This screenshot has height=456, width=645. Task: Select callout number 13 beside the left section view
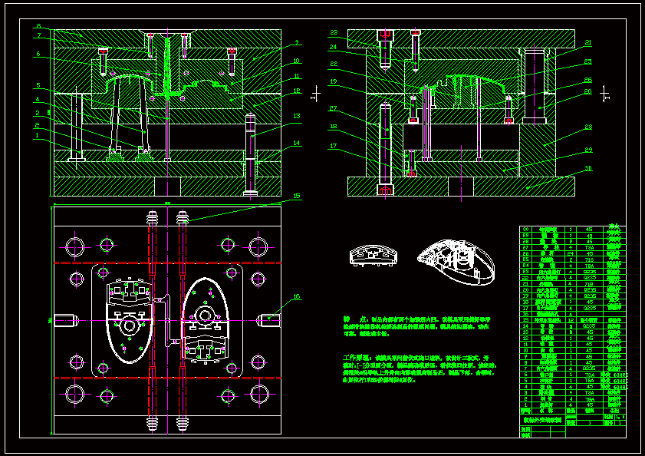click(x=296, y=117)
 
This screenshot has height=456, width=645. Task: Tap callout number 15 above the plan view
click(x=296, y=196)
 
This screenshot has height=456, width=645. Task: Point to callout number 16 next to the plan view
click(x=296, y=296)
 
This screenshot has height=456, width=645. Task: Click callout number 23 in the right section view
click(x=334, y=33)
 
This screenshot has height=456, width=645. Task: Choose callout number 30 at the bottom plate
click(x=588, y=168)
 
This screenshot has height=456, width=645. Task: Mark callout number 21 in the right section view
click(x=588, y=42)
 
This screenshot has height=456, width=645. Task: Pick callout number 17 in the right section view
click(x=334, y=146)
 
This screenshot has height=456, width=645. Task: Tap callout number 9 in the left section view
click(x=296, y=42)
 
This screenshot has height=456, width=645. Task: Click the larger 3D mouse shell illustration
click(x=457, y=261)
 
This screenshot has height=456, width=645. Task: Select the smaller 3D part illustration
click(x=371, y=256)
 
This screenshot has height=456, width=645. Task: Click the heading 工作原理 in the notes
click(x=358, y=358)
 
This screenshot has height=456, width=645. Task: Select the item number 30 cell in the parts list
click(x=526, y=229)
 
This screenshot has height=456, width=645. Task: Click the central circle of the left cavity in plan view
click(x=127, y=325)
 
